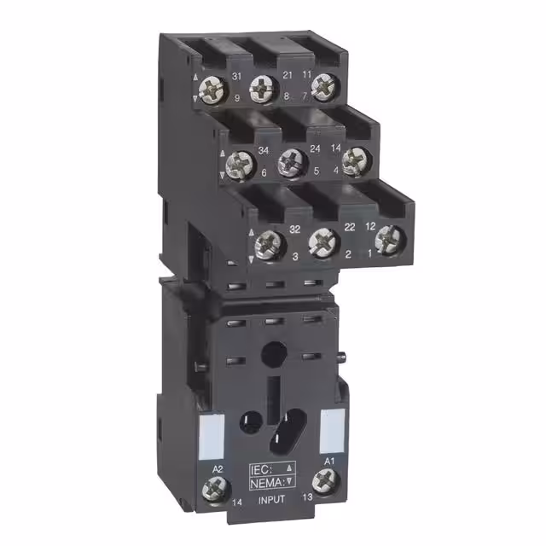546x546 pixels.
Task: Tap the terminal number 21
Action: click(x=288, y=75)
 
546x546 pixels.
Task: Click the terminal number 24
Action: click(x=291, y=148)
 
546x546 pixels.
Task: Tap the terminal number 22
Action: click(x=325, y=226)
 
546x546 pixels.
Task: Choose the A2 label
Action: click(x=218, y=469)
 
